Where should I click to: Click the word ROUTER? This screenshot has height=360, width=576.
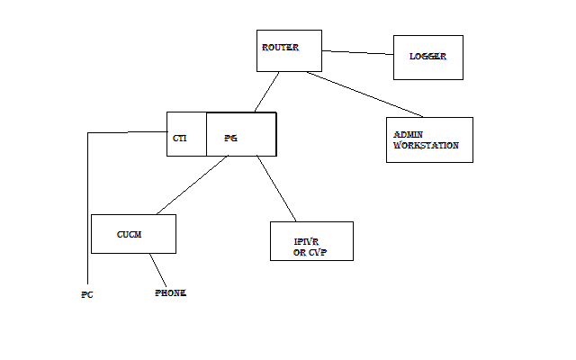[280, 47]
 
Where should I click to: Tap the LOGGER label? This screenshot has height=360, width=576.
[428, 57]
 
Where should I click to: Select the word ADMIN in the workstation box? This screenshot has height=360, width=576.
[408, 135]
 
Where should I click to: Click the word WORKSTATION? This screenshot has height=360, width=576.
[427, 145]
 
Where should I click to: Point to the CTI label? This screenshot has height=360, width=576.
[179, 139]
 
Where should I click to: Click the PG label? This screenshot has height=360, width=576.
[230, 139]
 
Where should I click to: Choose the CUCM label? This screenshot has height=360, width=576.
[130, 234]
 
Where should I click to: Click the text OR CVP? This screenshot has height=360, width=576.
[309, 252]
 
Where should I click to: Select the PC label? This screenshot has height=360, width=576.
[87, 294]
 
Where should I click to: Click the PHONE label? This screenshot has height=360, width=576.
[171, 293]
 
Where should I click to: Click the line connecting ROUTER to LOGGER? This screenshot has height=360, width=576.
[357, 53]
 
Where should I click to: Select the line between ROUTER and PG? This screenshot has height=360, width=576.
[266, 92]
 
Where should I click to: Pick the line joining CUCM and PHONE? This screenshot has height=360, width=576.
[159, 269]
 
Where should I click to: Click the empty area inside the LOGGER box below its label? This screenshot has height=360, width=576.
[428, 70]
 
